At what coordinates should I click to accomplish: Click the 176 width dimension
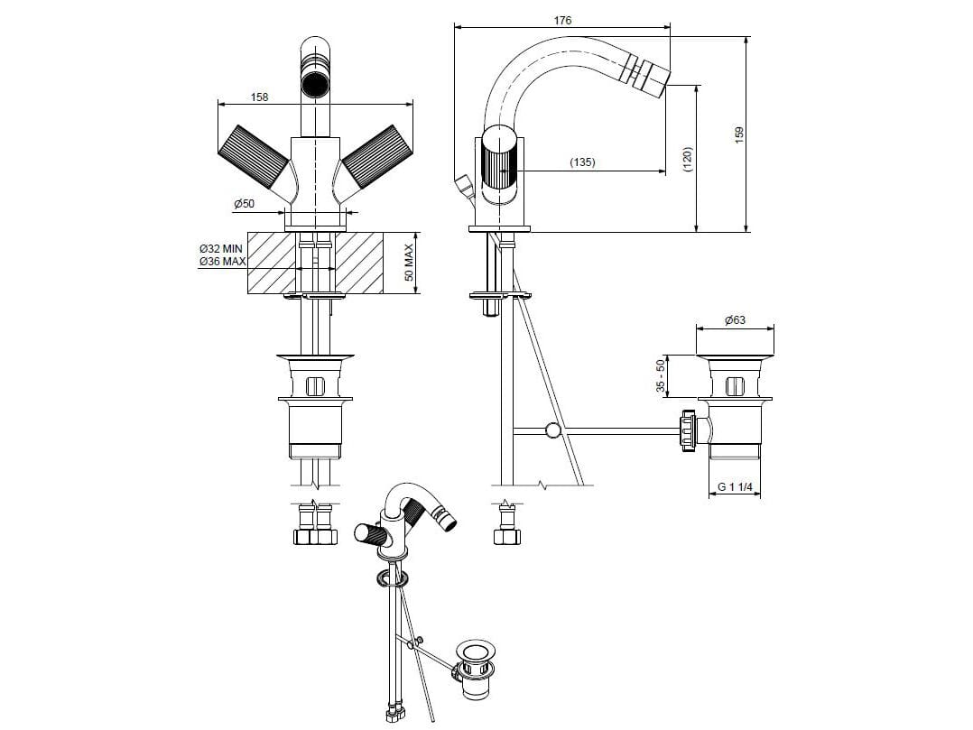pos(562,21)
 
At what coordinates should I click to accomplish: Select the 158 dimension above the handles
pos(259,97)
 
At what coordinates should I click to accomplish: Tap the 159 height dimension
pos(738,135)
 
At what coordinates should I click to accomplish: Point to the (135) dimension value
pos(582,162)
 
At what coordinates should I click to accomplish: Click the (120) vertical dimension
pos(687,160)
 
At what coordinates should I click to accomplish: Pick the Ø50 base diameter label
pos(244,203)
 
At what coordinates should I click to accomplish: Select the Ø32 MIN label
pos(221,249)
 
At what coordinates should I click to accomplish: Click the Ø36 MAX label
pos(222,261)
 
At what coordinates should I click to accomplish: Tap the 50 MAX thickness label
pos(409,263)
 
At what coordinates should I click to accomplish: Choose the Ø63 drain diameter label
pos(735,320)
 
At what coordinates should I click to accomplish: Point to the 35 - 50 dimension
pos(661,376)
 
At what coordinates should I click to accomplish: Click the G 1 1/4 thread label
pos(735,487)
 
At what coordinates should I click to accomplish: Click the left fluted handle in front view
pos(254,158)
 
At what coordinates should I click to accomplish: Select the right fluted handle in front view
pos(371,158)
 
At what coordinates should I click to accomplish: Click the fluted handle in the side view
pos(498,164)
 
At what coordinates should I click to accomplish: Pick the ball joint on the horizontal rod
pos(551,430)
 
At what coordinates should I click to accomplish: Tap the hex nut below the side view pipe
pos(507,536)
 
